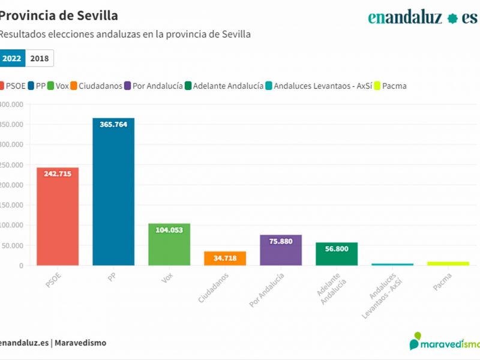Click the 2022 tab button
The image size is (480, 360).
click(12, 58)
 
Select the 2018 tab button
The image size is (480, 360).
click(40, 58)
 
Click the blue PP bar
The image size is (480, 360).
click(113, 192)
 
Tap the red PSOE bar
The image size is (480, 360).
click(58, 217)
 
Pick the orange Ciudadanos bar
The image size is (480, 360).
click(225, 259)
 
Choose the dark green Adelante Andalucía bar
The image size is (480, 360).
click(337, 254)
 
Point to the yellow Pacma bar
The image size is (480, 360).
click(448, 263)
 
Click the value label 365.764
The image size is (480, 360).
click(113, 125)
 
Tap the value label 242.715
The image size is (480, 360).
click(58, 174)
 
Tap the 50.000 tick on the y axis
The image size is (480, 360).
click(13, 245)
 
